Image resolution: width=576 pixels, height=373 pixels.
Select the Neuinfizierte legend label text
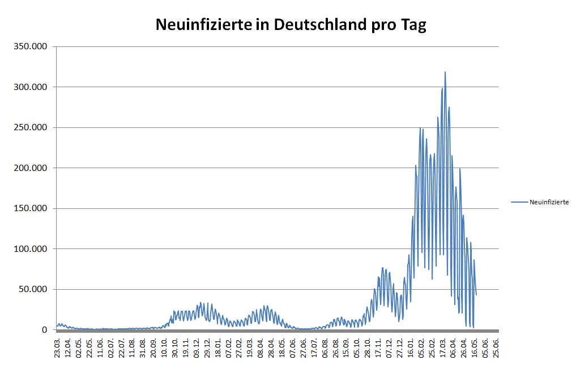coord(549,201)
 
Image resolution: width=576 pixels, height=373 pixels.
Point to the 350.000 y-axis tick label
coord(31,46)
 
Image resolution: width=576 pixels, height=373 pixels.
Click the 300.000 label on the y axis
coord(31,87)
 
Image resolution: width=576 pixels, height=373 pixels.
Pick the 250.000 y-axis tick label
coord(31,127)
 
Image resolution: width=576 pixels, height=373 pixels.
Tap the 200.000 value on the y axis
coord(31,168)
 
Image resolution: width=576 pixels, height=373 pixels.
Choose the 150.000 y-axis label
coord(31,208)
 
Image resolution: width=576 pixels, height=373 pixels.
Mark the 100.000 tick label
coord(31,249)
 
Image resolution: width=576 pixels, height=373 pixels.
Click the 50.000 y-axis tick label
coord(33,289)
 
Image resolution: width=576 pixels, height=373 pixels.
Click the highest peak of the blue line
coord(445,72)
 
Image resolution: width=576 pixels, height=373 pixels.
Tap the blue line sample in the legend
coord(519,201)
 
